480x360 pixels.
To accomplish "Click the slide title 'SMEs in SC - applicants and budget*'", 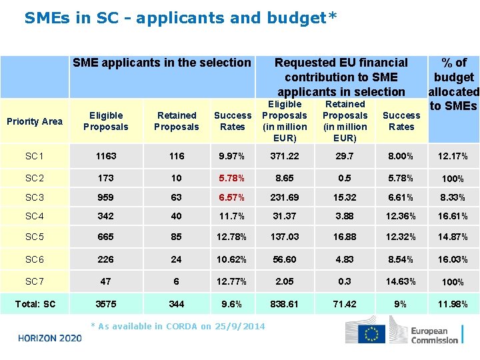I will tap(181, 18).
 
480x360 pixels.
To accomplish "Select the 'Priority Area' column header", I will tap(34, 121).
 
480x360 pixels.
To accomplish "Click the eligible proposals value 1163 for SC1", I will tap(105, 156).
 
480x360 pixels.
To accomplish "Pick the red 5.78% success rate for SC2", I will tap(232, 179).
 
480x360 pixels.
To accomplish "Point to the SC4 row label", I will tap(34, 216).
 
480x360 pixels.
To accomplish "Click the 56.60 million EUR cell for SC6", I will tap(285, 259).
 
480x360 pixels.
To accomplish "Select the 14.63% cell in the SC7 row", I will tap(401, 281).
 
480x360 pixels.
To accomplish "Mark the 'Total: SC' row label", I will tap(34, 304).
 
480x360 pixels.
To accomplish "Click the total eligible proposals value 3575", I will tap(105, 304).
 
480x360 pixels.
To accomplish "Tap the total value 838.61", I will tap(285, 304).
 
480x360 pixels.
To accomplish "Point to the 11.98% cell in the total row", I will tap(453, 304).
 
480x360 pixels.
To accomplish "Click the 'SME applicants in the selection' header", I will tap(161, 63).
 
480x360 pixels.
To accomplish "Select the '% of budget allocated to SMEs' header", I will tap(453, 84).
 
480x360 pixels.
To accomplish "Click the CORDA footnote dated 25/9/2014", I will tap(177, 326).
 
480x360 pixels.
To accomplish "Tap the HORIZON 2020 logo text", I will tap(51, 338).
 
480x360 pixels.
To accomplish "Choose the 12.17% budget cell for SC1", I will tap(453, 157).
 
